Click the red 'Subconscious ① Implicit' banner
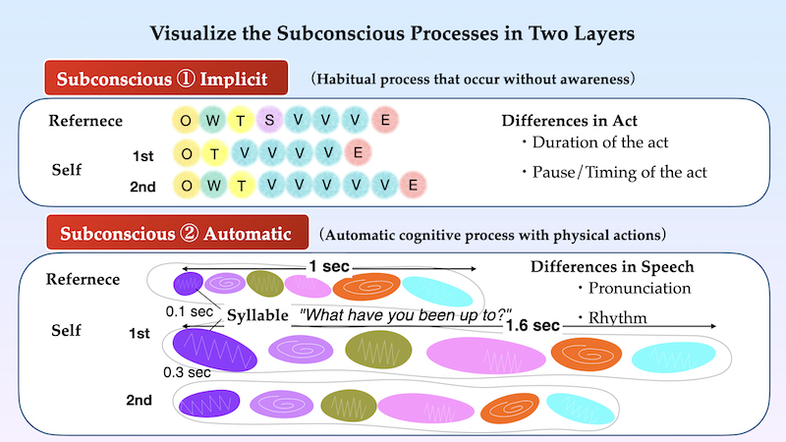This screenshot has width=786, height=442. tap(166, 78)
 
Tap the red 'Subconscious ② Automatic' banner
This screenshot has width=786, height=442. tap(178, 233)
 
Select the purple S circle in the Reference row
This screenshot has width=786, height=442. tap(269, 120)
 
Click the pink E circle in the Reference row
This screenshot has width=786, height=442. tap(385, 120)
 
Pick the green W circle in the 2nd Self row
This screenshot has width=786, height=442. tap(214, 186)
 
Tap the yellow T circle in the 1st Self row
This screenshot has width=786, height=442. tap(214, 154)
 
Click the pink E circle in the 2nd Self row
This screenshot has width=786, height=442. tap(413, 186)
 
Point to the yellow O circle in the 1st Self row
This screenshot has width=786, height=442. tap(187, 154)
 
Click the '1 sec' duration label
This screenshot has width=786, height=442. tap(329, 266)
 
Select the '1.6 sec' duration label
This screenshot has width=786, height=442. tap(533, 326)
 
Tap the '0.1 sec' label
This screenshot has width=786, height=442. tap(190, 311)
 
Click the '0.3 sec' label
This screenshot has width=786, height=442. tap(187, 373)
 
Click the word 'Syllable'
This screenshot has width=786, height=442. tap(257, 315)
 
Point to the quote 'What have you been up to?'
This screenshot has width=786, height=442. tap(405, 314)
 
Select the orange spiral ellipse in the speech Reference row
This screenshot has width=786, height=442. tap(366, 286)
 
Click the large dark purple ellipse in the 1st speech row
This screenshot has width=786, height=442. tap(214, 350)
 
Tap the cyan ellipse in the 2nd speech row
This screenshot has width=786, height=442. tap(580, 409)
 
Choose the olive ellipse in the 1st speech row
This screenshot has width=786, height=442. tap(378, 350)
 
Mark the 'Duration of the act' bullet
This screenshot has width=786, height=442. tap(595, 142)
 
